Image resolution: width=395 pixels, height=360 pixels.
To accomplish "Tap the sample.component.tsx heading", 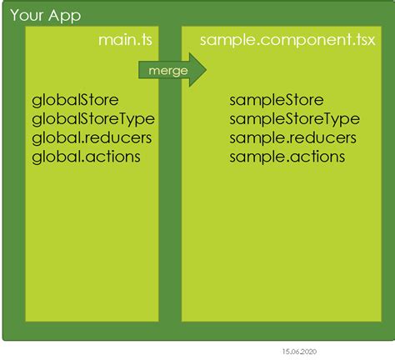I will point(287,40).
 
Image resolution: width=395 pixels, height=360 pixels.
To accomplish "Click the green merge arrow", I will point(172,70).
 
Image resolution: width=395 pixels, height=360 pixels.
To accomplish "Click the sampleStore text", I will point(276,101).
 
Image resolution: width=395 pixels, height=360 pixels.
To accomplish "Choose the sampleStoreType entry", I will point(293,119).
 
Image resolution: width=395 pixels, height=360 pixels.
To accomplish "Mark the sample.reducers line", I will point(292,137).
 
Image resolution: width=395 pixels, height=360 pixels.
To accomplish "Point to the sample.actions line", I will point(287,156).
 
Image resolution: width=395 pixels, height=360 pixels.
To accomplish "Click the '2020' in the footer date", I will point(309,352).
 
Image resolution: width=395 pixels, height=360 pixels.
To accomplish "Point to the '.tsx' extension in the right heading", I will point(359,40).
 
